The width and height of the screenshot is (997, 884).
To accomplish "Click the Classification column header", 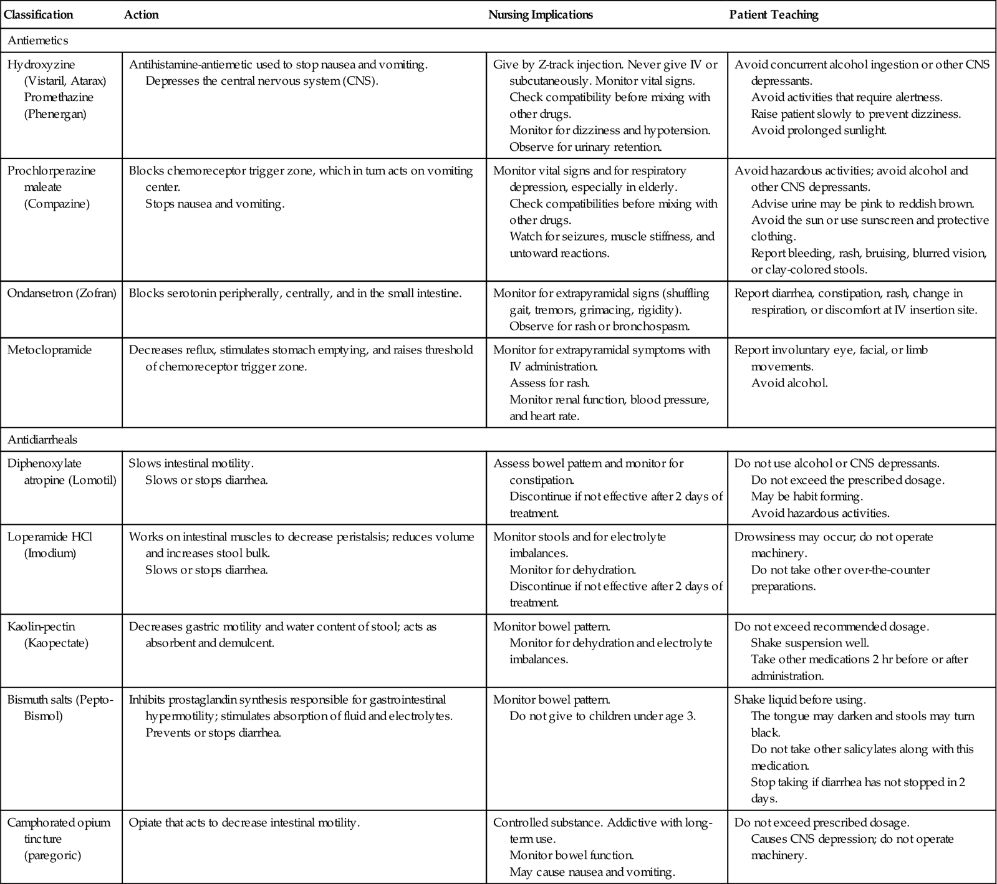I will click(x=39, y=15).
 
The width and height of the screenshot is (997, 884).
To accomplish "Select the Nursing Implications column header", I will click(x=540, y=15).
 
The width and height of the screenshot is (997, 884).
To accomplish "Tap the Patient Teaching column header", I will click(x=773, y=15).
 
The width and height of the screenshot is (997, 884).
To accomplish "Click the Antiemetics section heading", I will click(x=38, y=41).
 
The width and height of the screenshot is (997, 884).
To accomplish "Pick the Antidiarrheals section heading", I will click(x=42, y=440).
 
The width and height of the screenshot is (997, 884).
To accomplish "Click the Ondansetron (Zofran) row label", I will click(x=62, y=293).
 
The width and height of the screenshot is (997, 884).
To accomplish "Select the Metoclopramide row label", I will click(x=49, y=350).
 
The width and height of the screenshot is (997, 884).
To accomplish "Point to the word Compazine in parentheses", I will click(x=57, y=204).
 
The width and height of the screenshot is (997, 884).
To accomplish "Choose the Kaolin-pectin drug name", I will click(x=42, y=627).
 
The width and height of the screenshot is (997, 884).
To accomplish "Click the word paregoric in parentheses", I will click(x=52, y=855).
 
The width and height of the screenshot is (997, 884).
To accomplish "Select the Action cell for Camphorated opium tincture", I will click(x=244, y=823).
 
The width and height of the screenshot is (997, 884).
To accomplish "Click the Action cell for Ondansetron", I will click(x=295, y=293).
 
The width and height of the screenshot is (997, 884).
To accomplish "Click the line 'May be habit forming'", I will click(x=807, y=497).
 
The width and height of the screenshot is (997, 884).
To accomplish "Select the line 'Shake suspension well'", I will click(x=809, y=643).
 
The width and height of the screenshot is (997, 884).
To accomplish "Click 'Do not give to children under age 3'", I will click(x=602, y=716).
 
